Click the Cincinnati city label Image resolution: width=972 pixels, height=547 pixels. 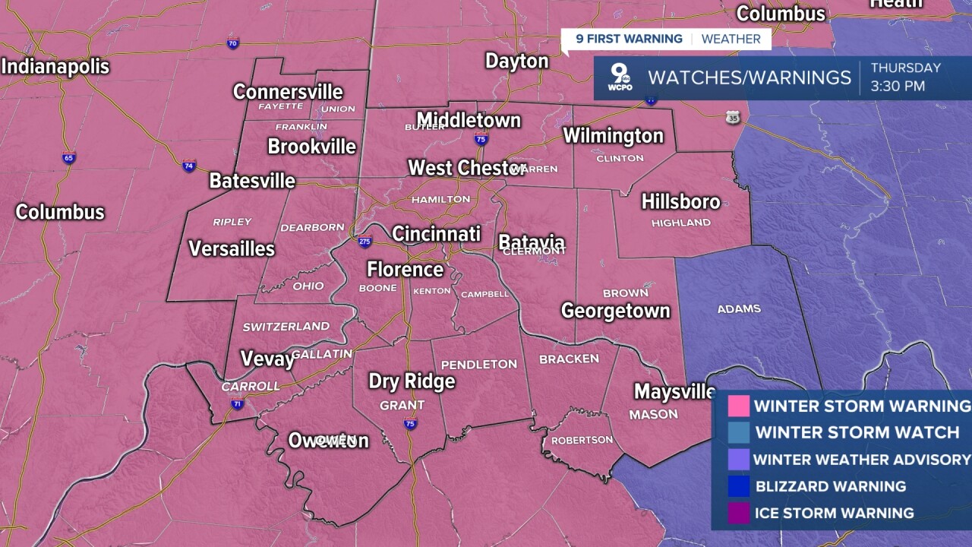(x=436, y=233)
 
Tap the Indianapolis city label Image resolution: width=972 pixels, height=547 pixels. (x=55, y=67)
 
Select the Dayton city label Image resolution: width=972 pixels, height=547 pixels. (x=516, y=61)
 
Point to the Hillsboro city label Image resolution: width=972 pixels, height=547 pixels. (x=680, y=201)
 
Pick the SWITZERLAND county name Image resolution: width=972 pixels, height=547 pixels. (x=286, y=327)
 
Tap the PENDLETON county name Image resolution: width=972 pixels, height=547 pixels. (x=478, y=365)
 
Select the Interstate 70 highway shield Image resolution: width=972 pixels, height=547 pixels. (x=233, y=44)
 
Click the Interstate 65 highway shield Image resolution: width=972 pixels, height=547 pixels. (x=69, y=158)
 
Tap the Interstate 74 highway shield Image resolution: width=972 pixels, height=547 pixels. (x=188, y=166)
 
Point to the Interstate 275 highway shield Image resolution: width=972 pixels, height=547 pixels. (x=364, y=242)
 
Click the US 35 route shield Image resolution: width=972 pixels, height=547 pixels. (x=732, y=118)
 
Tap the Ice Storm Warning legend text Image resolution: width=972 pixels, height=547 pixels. (x=834, y=513)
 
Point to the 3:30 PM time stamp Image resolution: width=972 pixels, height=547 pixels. (x=898, y=87)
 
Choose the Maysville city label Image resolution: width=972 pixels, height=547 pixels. (x=674, y=391)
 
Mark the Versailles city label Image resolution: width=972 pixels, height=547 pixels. (x=232, y=248)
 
